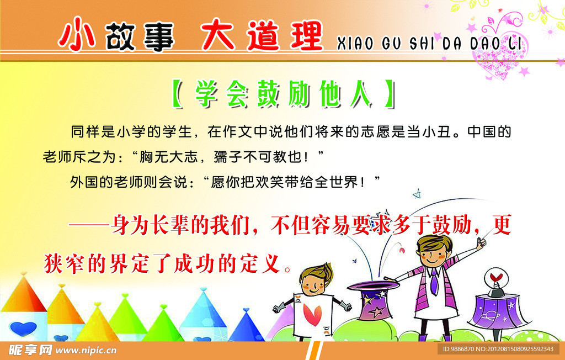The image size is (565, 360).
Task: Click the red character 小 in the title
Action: point(77,34)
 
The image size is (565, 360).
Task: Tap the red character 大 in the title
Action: point(217,35)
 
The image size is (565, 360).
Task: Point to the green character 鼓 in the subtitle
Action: point(269,94)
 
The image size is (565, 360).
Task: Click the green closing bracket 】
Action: point(390,94)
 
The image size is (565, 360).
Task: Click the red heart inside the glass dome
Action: point(496,277)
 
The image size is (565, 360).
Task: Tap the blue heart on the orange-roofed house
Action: point(23,329)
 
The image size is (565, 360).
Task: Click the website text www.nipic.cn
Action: point(86,350)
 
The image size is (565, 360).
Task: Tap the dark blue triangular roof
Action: point(247,326)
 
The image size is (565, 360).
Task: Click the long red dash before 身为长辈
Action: point(89,225)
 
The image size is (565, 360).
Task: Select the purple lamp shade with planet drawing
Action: point(498,310)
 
